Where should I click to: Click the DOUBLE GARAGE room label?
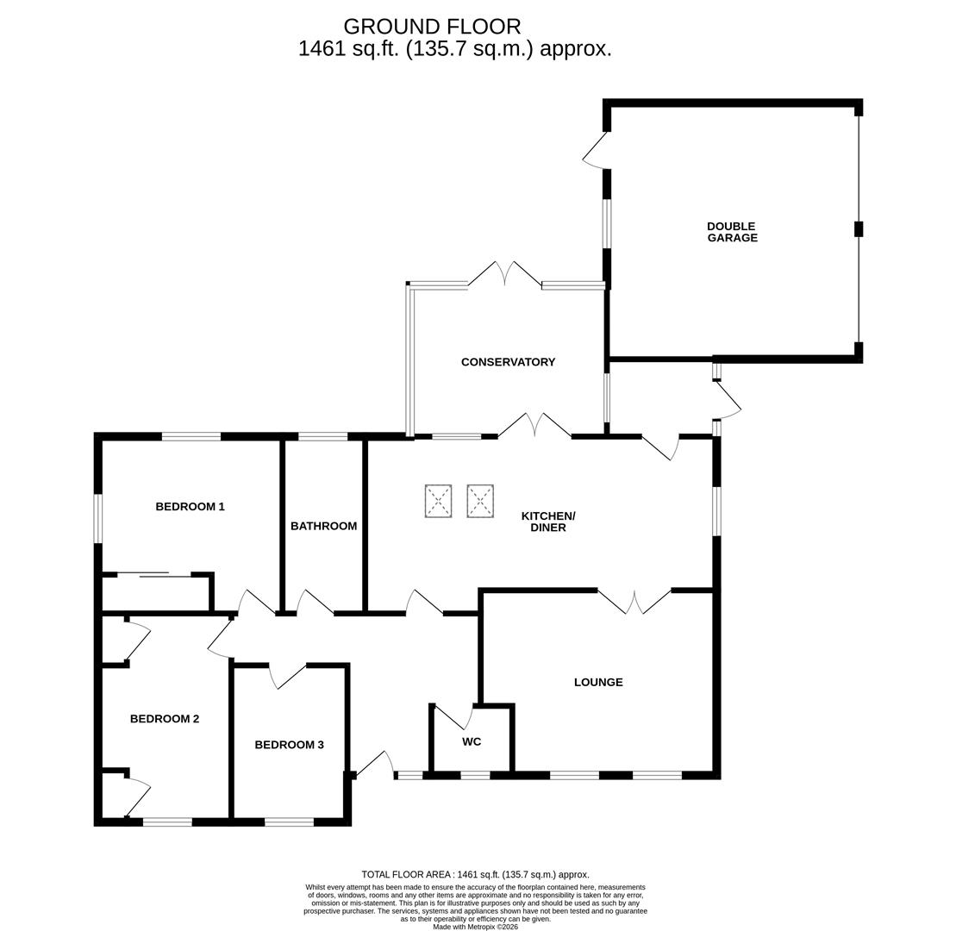click(732, 232)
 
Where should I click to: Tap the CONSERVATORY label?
click(508, 362)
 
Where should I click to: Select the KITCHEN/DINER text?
click(548, 522)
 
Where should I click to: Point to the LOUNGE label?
click(598, 682)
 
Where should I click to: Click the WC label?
click(472, 741)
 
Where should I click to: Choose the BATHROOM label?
click(323, 526)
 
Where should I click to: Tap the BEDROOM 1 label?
click(190, 507)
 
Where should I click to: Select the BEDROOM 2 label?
click(165, 719)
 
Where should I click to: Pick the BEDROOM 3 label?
click(289, 745)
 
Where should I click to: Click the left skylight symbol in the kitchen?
click(438, 501)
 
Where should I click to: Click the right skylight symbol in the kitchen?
click(480, 501)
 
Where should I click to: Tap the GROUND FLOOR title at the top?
click(432, 27)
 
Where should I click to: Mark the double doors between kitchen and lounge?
click(634, 601)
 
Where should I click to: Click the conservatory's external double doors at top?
click(505, 274)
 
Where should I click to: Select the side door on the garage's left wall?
click(597, 151)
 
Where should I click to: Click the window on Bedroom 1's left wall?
click(98, 518)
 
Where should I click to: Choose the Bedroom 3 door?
click(289, 675)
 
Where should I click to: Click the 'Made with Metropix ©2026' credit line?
click(475, 927)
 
